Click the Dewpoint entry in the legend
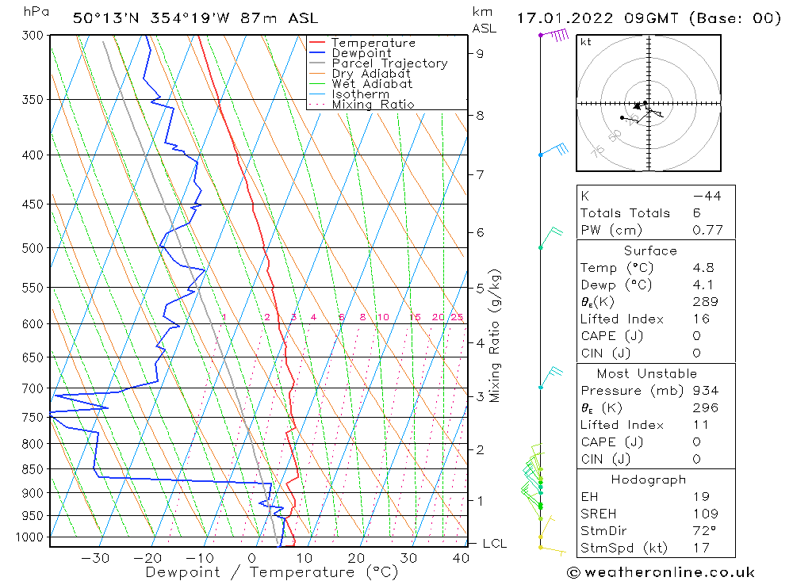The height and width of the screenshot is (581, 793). (361, 53)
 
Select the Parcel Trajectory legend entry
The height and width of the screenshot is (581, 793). (389, 63)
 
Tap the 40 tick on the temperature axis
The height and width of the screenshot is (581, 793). (461, 558)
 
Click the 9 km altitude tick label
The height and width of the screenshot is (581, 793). (481, 53)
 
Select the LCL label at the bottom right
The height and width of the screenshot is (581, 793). (494, 544)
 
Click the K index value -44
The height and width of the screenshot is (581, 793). (707, 196)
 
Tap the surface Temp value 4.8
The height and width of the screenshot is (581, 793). (704, 268)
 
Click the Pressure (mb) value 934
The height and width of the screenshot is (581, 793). (705, 391)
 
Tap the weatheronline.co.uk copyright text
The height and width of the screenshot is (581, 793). (661, 572)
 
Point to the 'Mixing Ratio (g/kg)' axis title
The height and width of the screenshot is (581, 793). (496, 335)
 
